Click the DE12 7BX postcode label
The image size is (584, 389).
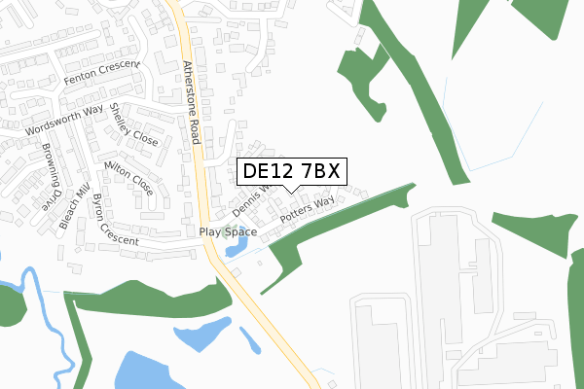click(x=290, y=171)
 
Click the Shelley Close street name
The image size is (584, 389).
click(x=133, y=125)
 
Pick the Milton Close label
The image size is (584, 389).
click(x=128, y=177)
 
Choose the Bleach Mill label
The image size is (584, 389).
click(x=73, y=205)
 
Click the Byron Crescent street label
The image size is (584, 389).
click(x=114, y=220)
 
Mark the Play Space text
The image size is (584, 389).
click(x=228, y=231)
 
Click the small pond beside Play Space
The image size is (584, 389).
click(x=235, y=249)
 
